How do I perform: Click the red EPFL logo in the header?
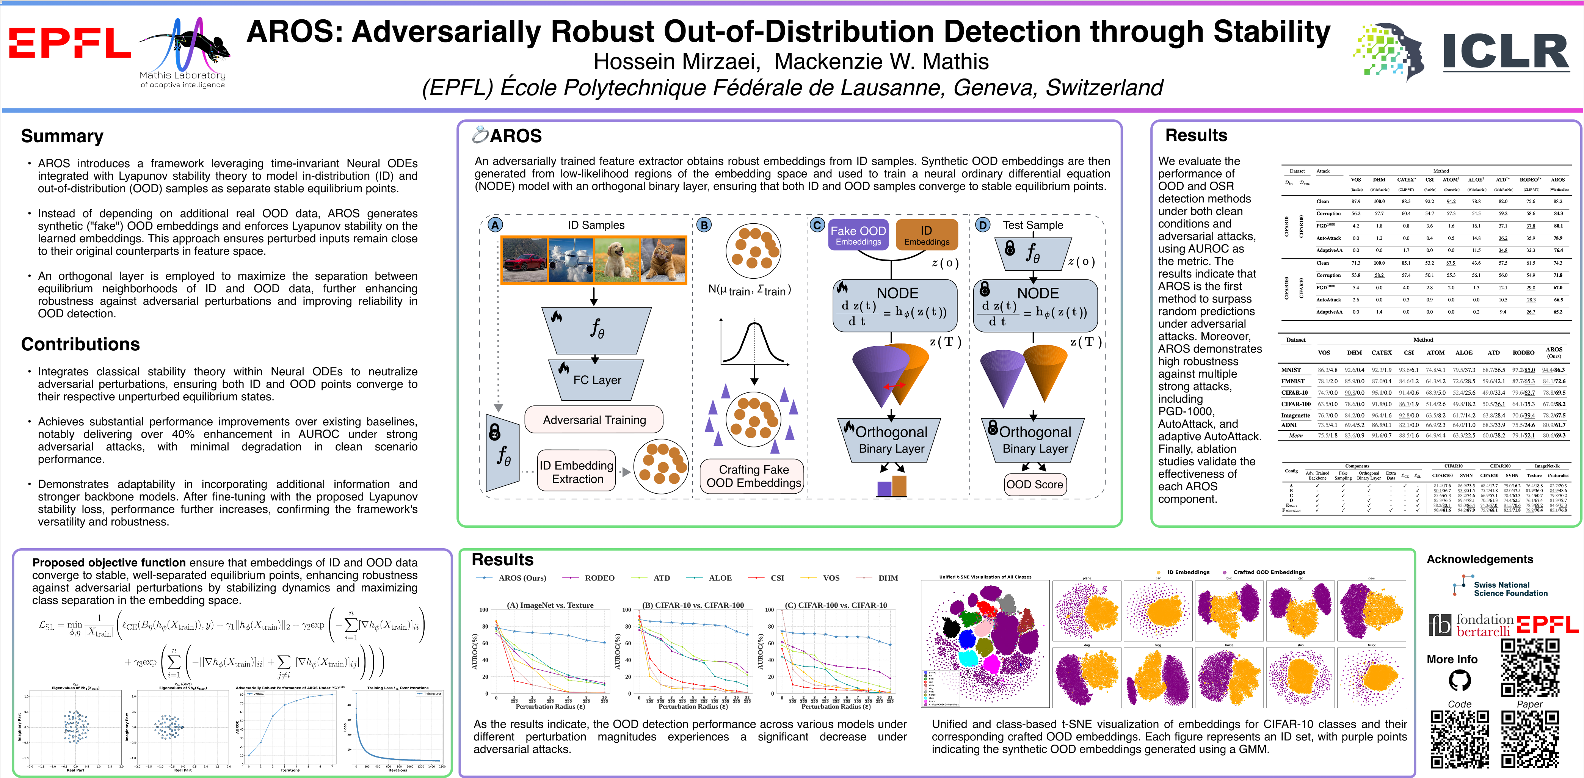coord(69,43)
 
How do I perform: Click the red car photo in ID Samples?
coord(524,260)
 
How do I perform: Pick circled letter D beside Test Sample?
coord(983,225)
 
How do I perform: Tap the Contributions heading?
coord(80,344)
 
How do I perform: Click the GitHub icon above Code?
coord(1460,680)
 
